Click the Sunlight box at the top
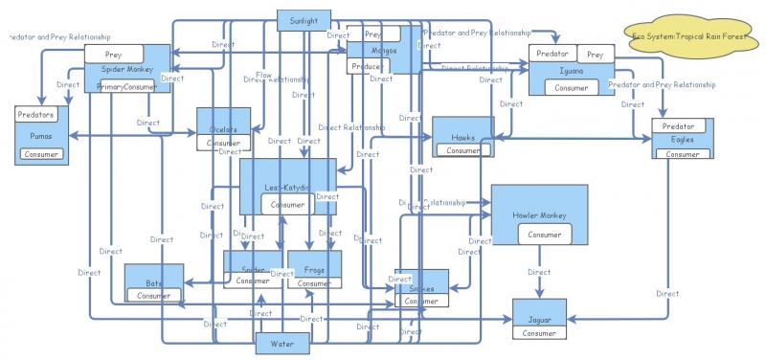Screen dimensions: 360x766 click(x=304, y=20)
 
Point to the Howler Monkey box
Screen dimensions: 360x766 click(x=539, y=214)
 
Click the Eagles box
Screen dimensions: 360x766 click(x=682, y=140)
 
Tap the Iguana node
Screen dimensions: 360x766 click(x=572, y=71)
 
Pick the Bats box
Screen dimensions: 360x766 click(x=153, y=283)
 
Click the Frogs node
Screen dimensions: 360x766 click(x=314, y=269)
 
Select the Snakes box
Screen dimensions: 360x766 click(x=422, y=288)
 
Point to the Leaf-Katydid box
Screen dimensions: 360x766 click(x=287, y=186)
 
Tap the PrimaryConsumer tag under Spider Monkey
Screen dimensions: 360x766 click(x=126, y=87)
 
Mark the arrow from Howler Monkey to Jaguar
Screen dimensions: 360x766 click(x=539, y=272)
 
